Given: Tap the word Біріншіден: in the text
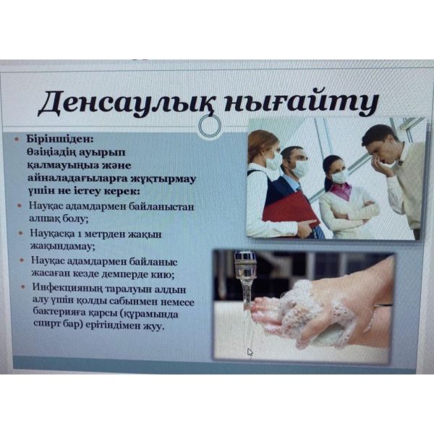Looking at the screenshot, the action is point(60,138).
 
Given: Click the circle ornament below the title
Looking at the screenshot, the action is point(210,126).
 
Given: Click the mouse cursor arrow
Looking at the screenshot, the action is point(250,352).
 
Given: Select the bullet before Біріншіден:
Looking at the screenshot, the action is point(17,139).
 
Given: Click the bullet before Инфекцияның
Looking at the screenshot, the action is point(23,286).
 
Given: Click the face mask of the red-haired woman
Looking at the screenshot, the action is point(273,161).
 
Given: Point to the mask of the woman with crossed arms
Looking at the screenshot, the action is point(340,176).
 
